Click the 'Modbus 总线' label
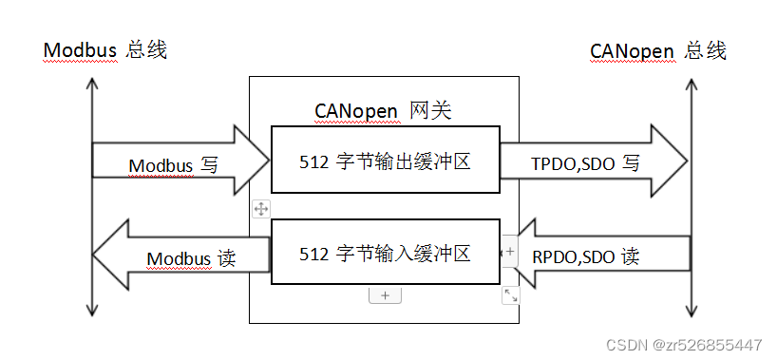[105, 50]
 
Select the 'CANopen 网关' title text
[383, 111]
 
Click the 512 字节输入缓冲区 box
[385, 254]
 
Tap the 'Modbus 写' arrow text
[174, 164]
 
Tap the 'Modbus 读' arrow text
[191, 257]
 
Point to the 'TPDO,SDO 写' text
[585, 163]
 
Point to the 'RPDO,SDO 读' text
[585, 256]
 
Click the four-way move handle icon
[260, 208]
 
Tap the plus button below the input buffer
[385, 296]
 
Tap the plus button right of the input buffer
[510, 251]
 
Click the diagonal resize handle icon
[511, 295]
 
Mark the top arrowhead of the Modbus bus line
[92, 84]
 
